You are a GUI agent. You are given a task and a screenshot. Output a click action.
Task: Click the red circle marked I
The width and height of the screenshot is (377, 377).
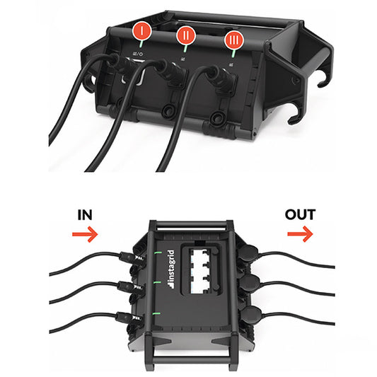pos(142,31)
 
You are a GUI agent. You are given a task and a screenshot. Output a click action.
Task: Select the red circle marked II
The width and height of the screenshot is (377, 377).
pos(186,35)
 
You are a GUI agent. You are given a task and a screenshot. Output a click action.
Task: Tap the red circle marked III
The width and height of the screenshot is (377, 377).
pos(234,40)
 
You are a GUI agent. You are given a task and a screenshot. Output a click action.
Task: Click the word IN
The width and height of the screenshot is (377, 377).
pos(85,215)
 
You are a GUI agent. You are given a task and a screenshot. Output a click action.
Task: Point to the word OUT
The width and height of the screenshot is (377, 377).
pos(300,215)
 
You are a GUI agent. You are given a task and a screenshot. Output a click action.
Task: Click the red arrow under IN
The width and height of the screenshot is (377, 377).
pos(85,234)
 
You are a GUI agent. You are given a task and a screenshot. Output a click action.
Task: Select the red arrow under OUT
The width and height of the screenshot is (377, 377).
pos(300,233)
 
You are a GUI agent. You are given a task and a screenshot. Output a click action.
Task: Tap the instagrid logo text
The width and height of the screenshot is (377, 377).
pos(171,269)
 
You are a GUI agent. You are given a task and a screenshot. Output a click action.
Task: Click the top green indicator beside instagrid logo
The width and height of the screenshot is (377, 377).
pos(158,253)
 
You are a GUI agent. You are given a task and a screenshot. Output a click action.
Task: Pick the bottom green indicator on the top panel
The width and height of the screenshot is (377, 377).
pos(156,313)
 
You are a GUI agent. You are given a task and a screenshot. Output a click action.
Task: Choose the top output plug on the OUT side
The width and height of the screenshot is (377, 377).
pos(248,253)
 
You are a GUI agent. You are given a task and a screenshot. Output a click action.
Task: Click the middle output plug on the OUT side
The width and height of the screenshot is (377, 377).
pos(250,283)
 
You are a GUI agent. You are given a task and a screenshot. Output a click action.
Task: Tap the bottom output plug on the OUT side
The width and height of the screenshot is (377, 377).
pos(251,313)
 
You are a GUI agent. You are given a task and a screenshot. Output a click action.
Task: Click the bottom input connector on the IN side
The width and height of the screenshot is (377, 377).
pos(128,318)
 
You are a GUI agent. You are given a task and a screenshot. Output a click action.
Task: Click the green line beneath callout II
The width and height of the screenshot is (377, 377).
pos(185,48)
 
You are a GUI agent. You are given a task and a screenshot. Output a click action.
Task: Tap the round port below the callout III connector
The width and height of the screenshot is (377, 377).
pos(218,118)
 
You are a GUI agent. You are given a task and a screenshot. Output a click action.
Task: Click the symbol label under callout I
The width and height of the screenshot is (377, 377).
pos(138,54)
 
